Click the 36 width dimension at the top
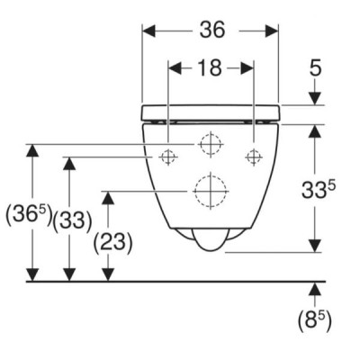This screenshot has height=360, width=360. (212, 30)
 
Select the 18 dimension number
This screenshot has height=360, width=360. (211, 67)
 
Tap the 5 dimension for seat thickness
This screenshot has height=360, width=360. (315, 67)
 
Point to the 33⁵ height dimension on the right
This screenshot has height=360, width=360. (318, 190)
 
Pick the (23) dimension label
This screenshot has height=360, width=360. (112, 242)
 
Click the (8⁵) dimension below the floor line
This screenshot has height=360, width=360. (315, 321)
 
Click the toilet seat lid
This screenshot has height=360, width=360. (211, 112)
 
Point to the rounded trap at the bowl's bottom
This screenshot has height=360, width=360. (211, 240)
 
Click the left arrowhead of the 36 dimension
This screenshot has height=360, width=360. (149, 31)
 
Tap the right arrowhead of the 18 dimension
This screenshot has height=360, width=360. (247, 68)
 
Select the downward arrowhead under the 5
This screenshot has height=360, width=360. (315, 98)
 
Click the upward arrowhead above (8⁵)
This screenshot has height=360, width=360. (315, 289)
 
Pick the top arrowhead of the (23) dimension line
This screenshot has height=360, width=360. (108, 198)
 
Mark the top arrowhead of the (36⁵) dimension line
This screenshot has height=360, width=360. (32, 151)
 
